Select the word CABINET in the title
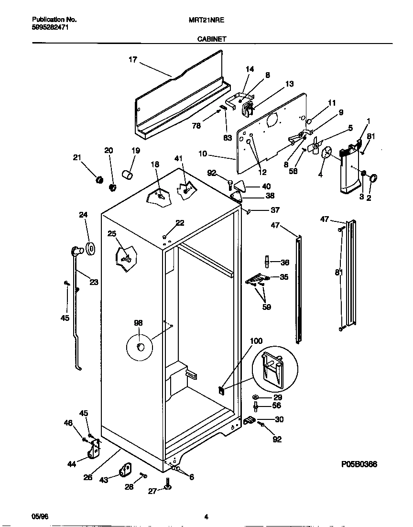(212, 41)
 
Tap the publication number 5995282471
(49, 28)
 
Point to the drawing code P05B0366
(359, 464)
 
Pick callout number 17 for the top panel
(132, 60)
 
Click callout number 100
(256, 340)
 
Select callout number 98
(138, 323)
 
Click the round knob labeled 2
(373, 179)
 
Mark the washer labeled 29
(255, 397)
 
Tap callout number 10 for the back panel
(203, 154)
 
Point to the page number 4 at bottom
(206, 516)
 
